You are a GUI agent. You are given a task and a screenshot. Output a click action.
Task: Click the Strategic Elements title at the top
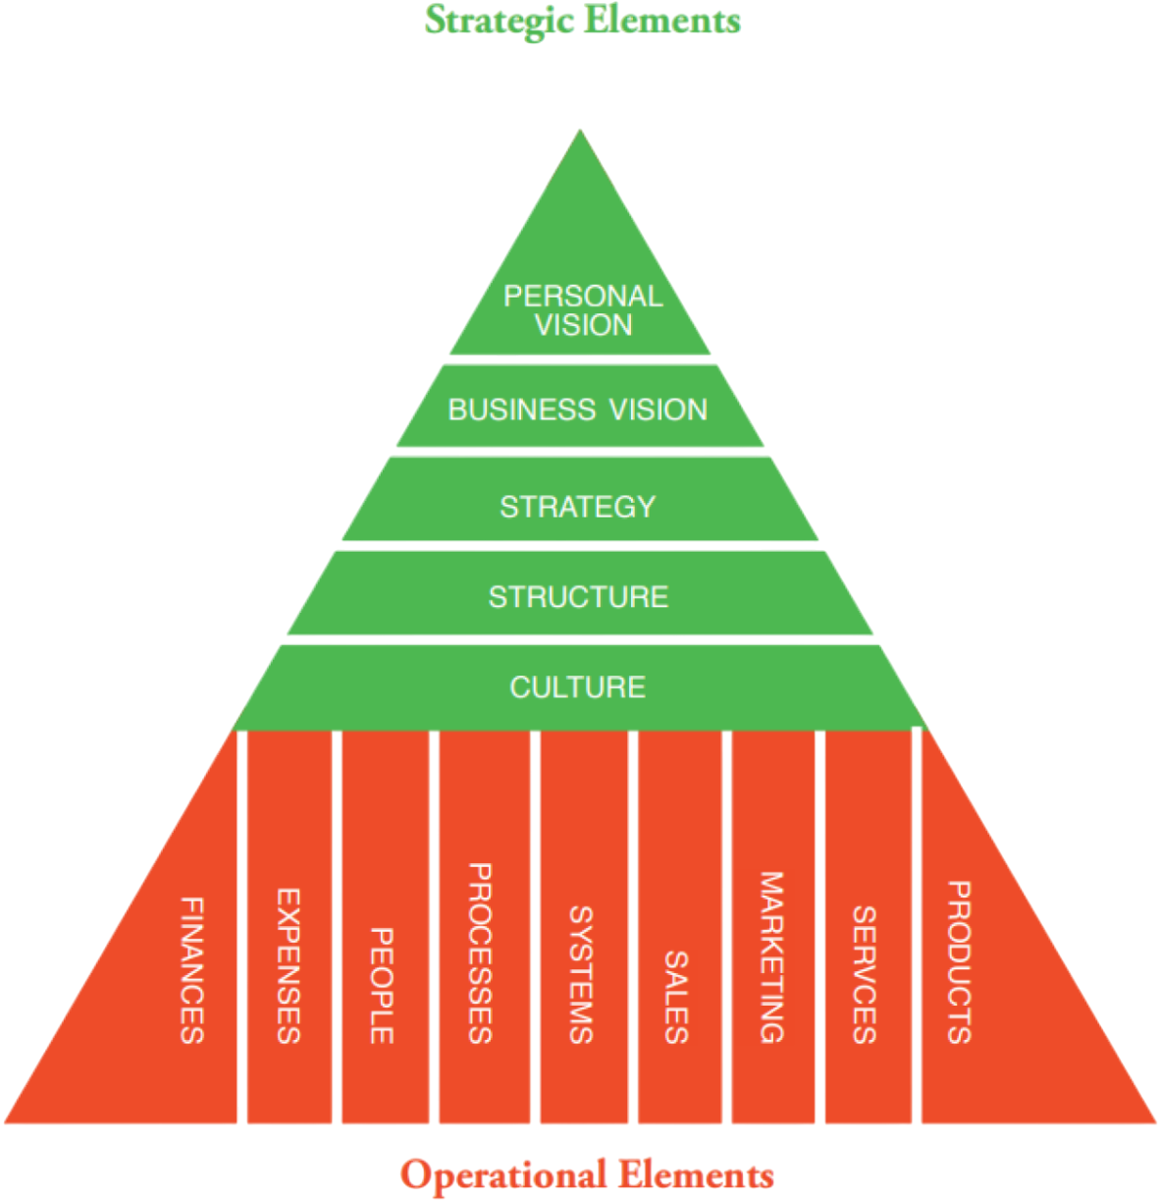pyautogui.click(x=582, y=20)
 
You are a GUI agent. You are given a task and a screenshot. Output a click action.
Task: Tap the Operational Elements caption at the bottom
pyautogui.click(x=587, y=1175)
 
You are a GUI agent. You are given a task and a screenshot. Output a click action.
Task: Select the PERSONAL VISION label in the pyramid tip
pyautogui.click(x=583, y=310)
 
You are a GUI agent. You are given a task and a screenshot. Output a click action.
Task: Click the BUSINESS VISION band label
pyautogui.click(x=578, y=410)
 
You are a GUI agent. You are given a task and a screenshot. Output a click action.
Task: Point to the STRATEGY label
pyautogui.click(x=578, y=507)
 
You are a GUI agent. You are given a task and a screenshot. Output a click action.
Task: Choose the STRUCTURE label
pyautogui.click(x=579, y=597)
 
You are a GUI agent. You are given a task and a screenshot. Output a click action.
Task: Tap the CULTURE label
pyautogui.click(x=578, y=687)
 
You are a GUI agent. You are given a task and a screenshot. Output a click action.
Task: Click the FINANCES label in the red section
pyautogui.click(x=192, y=969)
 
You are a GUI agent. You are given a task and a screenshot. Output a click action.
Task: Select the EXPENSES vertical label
pyautogui.click(x=288, y=965)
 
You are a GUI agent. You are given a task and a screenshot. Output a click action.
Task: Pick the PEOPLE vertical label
pyautogui.click(x=381, y=985)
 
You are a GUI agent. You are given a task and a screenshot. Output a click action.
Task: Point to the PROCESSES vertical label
pyautogui.click(x=478, y=953)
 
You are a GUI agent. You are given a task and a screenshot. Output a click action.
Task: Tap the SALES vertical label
pyautogui.click(x=676, y=996)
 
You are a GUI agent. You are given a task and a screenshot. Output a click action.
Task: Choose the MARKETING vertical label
pyautogui.click(x=771, y=956)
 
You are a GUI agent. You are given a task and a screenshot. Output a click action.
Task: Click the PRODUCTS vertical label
pyautogui.click(x=958, y=961)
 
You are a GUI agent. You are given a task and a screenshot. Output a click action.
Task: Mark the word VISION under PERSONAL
pyautogui.click(x=584, y=325)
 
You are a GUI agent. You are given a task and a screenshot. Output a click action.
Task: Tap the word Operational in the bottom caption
pyautogui.click(x=502, y=1175)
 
